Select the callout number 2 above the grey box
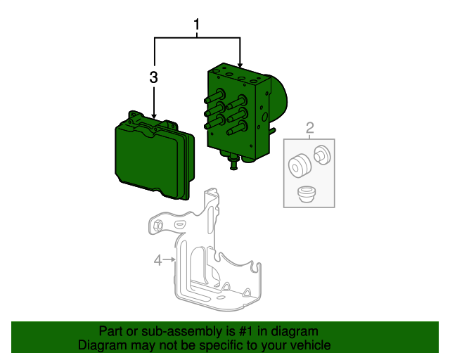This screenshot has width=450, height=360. coord(309,127)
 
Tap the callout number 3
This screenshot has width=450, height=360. coord(154,77)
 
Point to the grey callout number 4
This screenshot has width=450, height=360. coord(158,261)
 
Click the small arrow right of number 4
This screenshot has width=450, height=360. coord(171,261)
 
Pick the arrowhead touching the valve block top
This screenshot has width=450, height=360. coord(240,65)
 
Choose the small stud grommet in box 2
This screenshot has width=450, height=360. coord(322,154)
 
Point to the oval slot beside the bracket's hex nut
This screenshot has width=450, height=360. coord(179,223)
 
